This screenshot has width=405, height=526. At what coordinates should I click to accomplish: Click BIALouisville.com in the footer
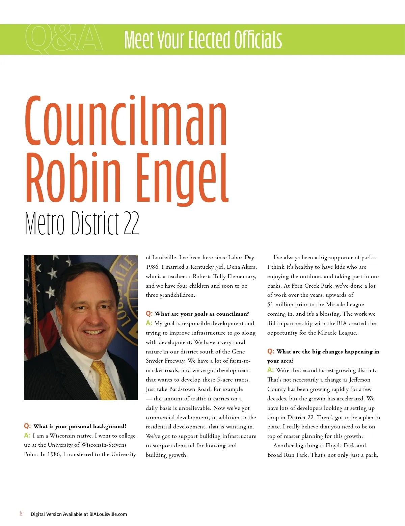(x=108, y=514)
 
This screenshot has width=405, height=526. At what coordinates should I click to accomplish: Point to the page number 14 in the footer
(x=21, y=514)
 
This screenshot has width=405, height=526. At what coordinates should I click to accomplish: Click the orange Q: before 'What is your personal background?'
(x=27, y=426)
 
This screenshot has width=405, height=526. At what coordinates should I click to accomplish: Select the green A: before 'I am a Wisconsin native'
(x=27, y=436)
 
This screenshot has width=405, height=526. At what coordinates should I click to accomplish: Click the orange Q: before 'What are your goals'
(x=149, y=314)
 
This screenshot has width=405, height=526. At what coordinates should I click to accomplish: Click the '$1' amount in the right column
(x=270, y=305)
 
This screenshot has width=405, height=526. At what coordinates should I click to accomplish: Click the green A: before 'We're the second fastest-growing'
(x=270, y=370)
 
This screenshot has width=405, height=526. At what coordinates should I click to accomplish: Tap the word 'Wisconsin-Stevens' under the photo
(x=104, y=445)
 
